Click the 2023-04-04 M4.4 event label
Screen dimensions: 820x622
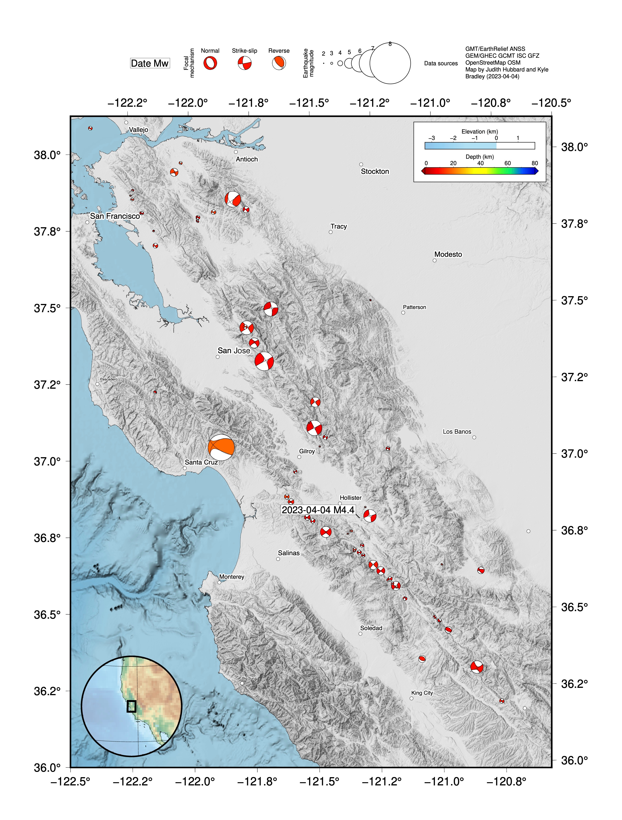[x=318, y=510]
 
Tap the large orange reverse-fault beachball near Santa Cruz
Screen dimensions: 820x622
[x=221, y=447]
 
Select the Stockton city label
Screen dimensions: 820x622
[x=375, y=171]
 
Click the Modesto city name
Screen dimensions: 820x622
[x=448, y=254]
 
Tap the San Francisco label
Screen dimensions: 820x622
[x=115, y=216]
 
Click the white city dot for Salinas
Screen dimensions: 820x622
[x=278, y=559]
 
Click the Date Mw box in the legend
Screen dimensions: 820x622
[x=150, y=63]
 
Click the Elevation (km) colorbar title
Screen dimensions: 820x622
[x=480, y=132]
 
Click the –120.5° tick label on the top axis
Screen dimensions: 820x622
[x=551, y=103]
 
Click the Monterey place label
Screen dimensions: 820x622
[x=231, y=577]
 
